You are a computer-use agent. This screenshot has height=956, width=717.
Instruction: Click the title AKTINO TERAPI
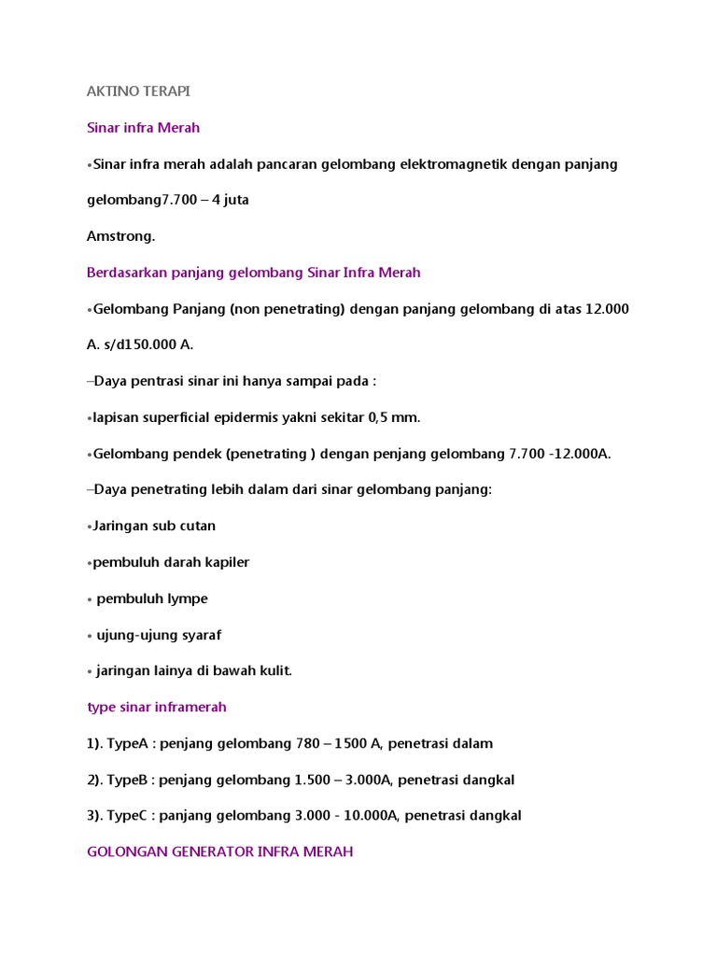click(138, 91)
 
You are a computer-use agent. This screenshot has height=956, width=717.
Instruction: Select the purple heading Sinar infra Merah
click(143, 128)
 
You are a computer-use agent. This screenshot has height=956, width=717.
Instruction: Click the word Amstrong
click(120, 236)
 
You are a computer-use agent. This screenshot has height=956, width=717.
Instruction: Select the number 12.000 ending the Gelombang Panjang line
click(607, 309)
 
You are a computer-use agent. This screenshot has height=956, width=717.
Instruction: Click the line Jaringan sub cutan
click(153, 526)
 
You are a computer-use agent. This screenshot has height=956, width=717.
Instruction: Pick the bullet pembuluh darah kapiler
click(171, 562)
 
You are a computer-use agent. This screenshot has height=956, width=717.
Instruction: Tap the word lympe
click(186, 598)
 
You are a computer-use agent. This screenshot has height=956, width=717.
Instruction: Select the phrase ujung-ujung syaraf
click(160, 635)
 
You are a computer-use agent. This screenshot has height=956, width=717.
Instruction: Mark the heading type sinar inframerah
click(157, 708)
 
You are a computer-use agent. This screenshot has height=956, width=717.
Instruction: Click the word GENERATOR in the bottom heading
click(213, 852)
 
